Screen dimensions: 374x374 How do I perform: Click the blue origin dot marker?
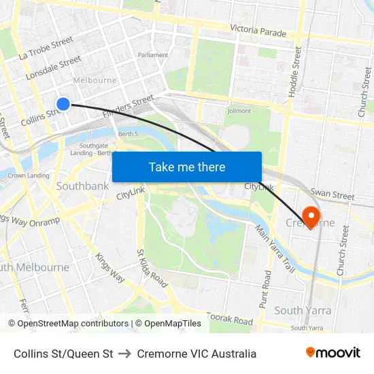pos(63,103)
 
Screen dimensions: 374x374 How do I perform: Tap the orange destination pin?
pos(311,217)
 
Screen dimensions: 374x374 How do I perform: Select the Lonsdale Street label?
pos(53,69)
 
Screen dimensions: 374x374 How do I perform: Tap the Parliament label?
pos(153,55)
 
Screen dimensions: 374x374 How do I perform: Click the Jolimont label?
pos(239,111)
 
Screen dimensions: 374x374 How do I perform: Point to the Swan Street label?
pos(332,195)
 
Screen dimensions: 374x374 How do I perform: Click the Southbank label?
pos(82,186)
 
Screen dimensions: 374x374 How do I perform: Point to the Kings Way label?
pos(110,267)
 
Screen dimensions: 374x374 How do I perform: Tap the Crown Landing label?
pos(29,175)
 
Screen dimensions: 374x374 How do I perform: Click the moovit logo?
pos(333,353)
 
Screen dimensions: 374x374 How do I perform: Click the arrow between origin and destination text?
pos(125,354)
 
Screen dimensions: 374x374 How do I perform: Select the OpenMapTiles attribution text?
pos(169,324)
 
